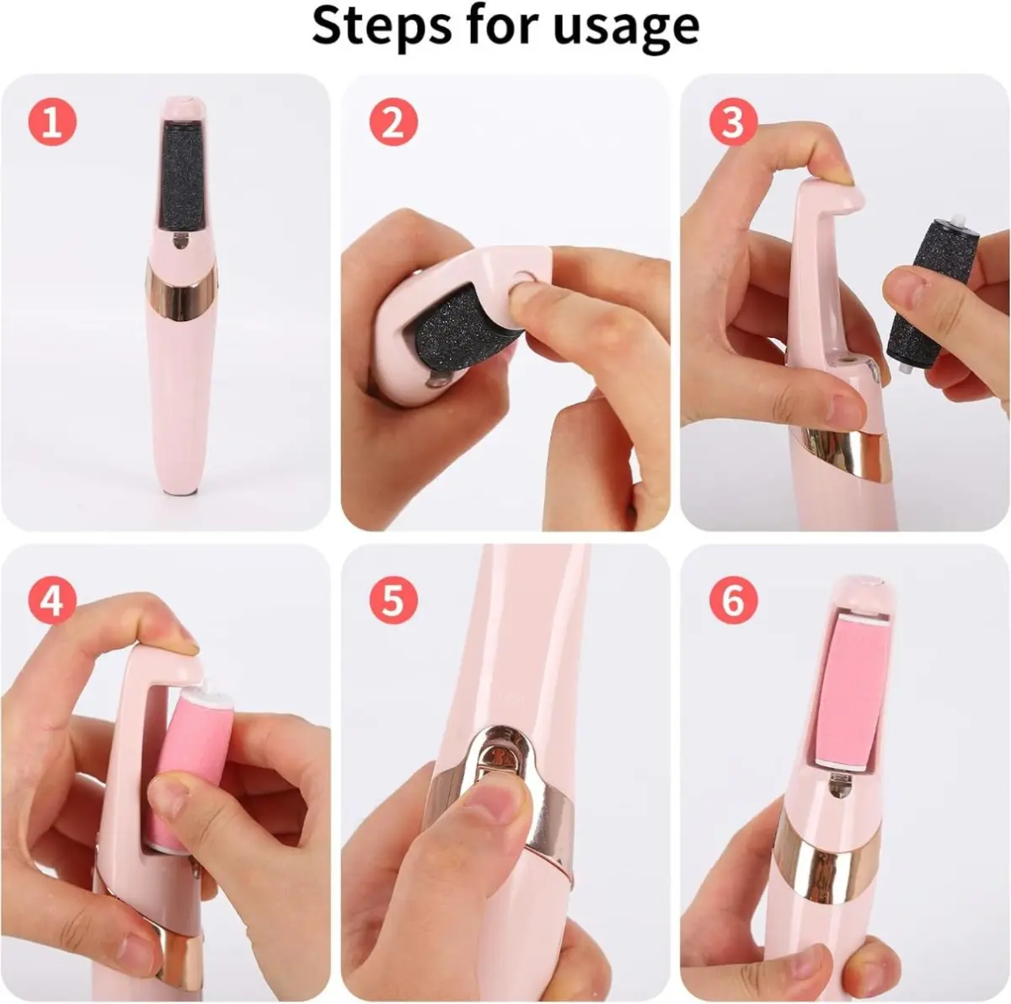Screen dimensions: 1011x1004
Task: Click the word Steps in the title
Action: click(x=381, y=26)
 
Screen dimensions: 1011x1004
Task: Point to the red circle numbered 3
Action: click(x=734, y=122)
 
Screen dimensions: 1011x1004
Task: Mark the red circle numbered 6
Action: click(x=734, y=600)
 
